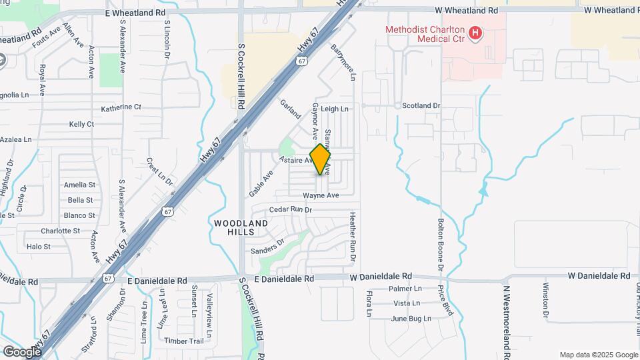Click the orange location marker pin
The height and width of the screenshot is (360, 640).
click(320, 159)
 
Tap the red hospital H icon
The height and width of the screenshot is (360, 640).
click(475, 33)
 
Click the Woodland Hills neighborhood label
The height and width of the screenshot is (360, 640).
click(241, 227)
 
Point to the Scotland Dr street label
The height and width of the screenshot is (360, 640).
click(421, 106)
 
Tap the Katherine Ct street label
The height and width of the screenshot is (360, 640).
click(121, 107)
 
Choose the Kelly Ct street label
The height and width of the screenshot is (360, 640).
click(81, 125)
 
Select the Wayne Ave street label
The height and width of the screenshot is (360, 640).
click(321, 195)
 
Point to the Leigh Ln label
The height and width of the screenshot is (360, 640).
click(335, 109)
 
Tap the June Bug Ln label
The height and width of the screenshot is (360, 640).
click(411, 319)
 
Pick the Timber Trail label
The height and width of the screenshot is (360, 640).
click(184, 341)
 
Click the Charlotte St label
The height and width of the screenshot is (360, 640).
click(60, 231)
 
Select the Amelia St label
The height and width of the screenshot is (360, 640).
click(80, 185)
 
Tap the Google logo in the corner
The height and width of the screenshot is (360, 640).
click(21, 351)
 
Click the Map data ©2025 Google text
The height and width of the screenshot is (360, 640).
click(597, 355)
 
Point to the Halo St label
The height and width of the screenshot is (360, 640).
click(38, 247)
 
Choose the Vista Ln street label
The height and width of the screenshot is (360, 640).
click(407, 303)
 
